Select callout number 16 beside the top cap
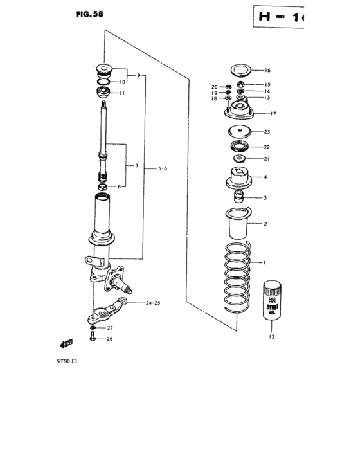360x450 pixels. (x=267, y=71)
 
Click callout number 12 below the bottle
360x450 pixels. (x=271, y=336)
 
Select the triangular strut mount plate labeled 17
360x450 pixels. (x=240, y=113)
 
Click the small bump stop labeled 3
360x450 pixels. (x=240, y=197)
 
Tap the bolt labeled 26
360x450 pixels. (x=94, y=337)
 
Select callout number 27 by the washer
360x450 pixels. (x=109, y=328)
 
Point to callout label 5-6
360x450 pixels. (x=163, y=168)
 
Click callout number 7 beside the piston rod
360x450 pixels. (x=136, y=166)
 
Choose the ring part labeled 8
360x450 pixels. (x=103, y=186)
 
